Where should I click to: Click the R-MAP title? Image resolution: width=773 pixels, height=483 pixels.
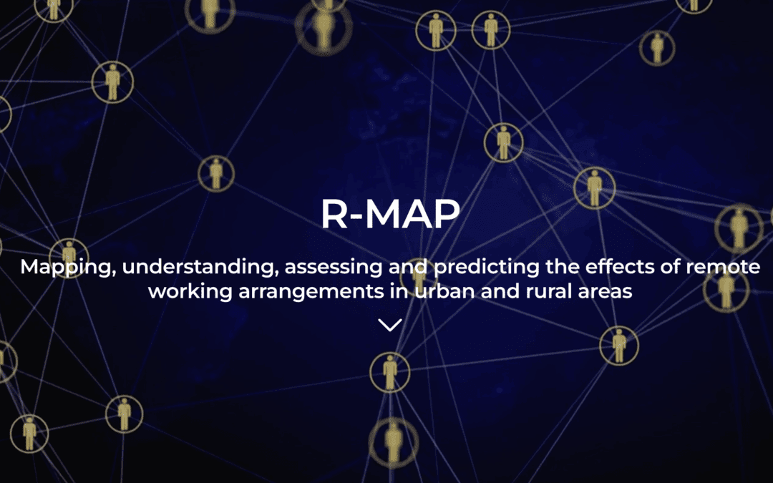click(x=389, y=214)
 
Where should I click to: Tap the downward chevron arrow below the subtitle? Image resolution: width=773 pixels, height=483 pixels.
click(x=389, y=325)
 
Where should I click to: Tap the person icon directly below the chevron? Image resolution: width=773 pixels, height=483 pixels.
click(x=389, y=371)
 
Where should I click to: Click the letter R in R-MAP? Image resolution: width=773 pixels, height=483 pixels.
click(x=334, y=214)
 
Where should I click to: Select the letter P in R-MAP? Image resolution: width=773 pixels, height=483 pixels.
click(x=444, y=214)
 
